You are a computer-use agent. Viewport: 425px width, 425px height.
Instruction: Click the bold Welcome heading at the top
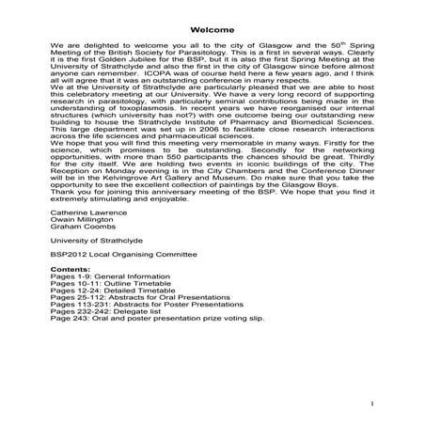tap(212, 28)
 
